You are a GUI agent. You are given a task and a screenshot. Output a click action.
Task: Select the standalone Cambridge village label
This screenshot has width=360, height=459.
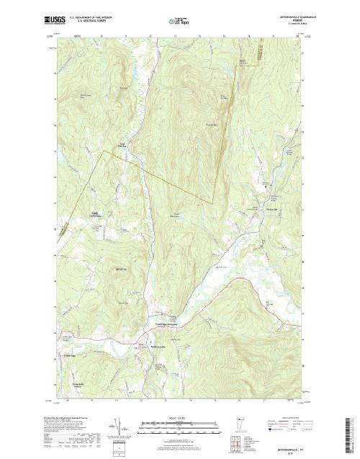[75, 357]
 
